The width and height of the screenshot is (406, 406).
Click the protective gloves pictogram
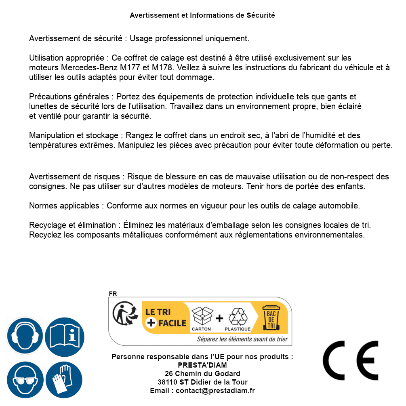coord(65,380)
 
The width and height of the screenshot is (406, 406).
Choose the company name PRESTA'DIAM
coord(202,365)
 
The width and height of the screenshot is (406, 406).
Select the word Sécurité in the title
coord(261,15)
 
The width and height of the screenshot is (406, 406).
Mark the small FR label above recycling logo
coord(113,294)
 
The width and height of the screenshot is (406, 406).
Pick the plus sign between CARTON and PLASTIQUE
coord(219,318)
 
